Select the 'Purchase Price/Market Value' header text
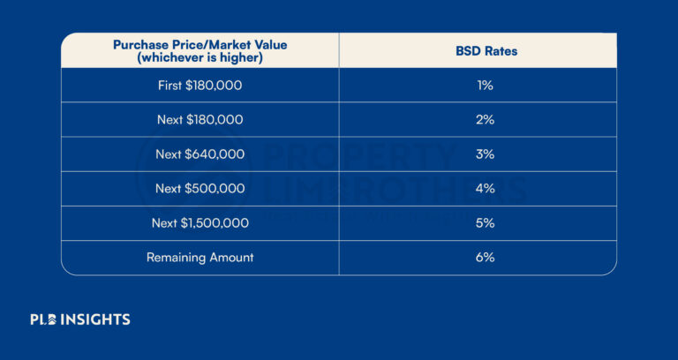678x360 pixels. point(200,44)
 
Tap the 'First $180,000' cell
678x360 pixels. point(200,86)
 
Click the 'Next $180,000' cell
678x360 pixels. point(200,120)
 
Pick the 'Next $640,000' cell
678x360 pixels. point(200,154)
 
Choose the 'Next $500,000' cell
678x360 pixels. point(200,189)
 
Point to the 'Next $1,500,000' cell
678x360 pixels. point(200,223)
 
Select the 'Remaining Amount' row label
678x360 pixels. point(200,258)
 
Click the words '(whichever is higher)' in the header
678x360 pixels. point(200,57)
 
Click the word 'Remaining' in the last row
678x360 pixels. point(176,258)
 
